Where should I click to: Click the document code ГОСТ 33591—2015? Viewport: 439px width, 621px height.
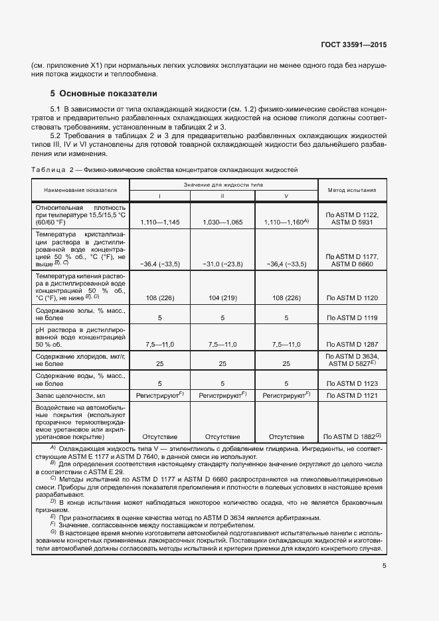pos(353,45)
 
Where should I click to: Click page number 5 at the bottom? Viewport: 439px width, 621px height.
pos(384,566)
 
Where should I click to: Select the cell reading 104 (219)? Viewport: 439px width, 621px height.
pos(222,299)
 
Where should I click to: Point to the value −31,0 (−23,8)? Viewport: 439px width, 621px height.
pos(222,264)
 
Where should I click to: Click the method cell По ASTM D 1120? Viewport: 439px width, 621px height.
pos(352,299)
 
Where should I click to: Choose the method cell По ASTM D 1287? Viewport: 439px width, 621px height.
pos(352,344)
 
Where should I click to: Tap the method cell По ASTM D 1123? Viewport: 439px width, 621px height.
pos(352,383)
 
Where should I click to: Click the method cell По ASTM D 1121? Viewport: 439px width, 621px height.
pos(352,395)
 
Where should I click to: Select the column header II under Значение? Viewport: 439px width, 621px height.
pos(222,197)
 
